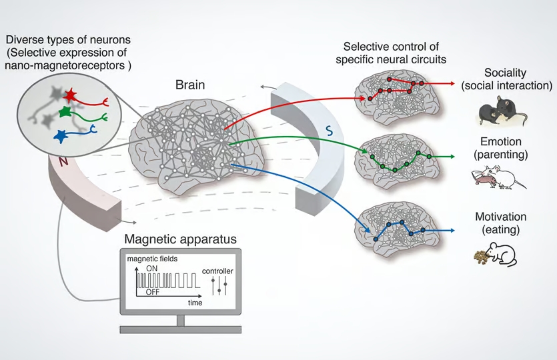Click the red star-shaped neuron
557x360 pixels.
tap(70, 95)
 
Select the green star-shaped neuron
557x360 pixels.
tap(66, 111)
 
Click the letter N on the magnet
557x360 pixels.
tap(63, 161)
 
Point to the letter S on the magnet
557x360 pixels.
tap(330, 131)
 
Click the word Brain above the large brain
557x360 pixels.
tap(190, 85)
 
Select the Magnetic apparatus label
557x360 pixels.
tap(181, 239)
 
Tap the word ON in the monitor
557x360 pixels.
tap(151, 269)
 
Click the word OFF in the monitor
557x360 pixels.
tap(152, 292)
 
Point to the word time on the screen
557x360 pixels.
tap(195, 303)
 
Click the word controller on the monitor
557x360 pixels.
tap(217, 271)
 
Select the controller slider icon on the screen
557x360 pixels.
tap(219, 286)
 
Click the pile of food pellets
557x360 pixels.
tap(482, 257)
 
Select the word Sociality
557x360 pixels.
tap(505, 73)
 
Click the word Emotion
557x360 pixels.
tap(501, 141)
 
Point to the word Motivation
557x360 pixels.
tap(501, 217)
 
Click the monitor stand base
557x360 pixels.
tap(181, 329)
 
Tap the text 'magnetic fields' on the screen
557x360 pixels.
tap(152, 259)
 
